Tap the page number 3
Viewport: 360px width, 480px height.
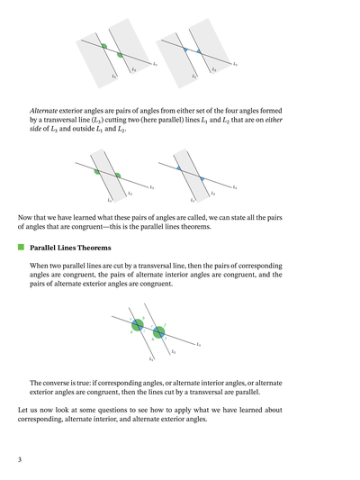point(19,460)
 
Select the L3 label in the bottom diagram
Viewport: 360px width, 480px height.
point(198,345)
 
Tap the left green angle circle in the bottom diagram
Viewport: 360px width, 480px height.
point(137,325)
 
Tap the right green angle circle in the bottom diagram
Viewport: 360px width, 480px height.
point(158,331)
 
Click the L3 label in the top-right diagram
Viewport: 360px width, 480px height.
point(235,64)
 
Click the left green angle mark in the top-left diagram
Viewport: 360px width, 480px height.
point(104,46)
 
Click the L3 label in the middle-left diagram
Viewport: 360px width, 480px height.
point(151,187)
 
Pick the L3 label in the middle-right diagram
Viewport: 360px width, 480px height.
point(235,187)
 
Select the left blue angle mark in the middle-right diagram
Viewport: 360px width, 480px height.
point(179,168)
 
